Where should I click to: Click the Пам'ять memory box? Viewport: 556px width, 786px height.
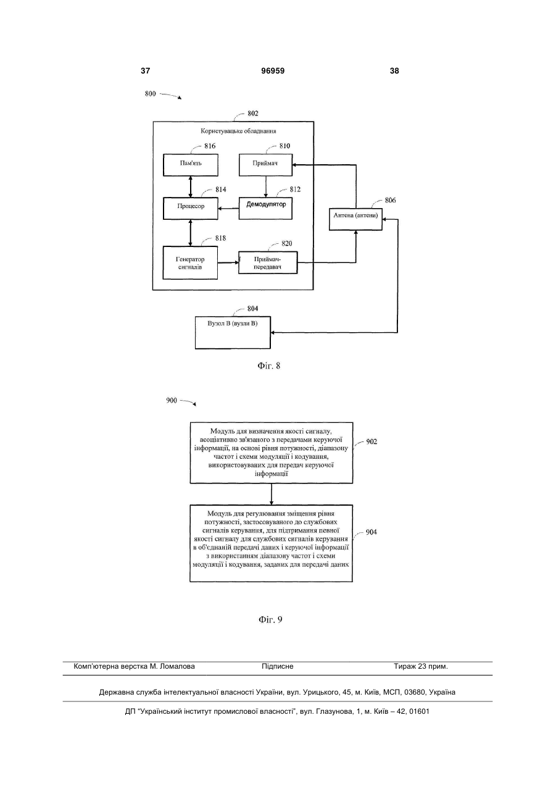point(191,165)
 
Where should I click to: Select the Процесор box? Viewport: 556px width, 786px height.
point(191,209)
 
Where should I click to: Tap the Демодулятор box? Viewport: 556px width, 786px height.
point(265,209)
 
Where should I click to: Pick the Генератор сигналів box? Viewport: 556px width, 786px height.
point(190,263)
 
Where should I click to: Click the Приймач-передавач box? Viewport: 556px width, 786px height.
point(268,262)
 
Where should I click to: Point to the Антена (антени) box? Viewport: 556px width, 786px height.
point(355,219)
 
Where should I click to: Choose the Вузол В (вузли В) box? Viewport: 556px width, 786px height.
point(233,333)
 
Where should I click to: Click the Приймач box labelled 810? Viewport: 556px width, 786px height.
point(265,165)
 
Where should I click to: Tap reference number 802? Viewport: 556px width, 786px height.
point(252,114)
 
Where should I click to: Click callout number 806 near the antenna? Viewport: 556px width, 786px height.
point(390,201)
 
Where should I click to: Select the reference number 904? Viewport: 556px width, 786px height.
point(371,532)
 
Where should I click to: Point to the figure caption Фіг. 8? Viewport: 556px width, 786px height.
point(268,366)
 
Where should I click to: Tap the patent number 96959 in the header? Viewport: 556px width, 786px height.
point(273,71)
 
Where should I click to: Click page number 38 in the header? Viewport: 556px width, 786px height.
point(394,71)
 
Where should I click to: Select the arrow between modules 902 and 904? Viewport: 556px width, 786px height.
point(271,494)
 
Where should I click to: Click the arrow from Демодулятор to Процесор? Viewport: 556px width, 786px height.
point(228,209)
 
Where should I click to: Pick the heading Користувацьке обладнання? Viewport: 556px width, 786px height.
point(238,132)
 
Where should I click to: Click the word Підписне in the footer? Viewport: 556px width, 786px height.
point(278,666)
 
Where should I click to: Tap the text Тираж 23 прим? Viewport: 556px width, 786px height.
point(421,666)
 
